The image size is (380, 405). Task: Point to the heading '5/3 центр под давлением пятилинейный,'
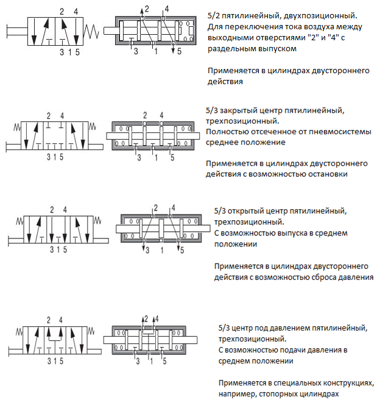292,329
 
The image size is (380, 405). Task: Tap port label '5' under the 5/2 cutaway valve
180,51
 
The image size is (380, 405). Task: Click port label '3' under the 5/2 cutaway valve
136,51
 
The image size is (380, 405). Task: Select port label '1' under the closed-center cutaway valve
156,158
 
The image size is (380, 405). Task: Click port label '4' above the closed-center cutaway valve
161,115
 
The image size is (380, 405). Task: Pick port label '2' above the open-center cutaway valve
156,207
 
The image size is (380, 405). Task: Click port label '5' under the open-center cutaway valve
180,250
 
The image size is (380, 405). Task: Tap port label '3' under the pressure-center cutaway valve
139,361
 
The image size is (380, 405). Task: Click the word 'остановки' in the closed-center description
328,174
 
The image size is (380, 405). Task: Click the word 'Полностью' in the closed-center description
223,132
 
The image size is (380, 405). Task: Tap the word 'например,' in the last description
235,394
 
